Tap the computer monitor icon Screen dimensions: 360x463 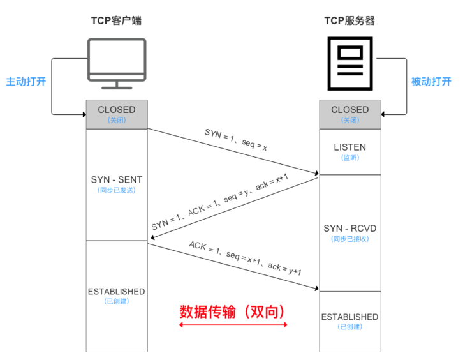pyautogui.click(x=116, y=64)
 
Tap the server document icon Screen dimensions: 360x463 pyautogui.click(x=349, y=64)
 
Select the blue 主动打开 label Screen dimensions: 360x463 pyautogui.click(x=26, y=82)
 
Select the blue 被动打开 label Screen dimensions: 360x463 pyautogui.click(x=430, y=82)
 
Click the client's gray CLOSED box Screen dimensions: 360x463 pyautogui.click(x=117, y=114)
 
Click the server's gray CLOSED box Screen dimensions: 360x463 pyautogui.click(x=349, y=114)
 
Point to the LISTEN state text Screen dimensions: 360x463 pyautogui.click(x=349, y=147)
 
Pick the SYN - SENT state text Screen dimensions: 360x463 pyautogui.click(x=117, y=180)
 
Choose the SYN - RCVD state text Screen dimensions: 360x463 pyautogui.click(x=349, y=228)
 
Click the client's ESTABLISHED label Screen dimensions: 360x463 pyautogui.click(x=117, y=292)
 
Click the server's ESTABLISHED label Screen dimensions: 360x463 pyautogui.click(x=349, y=317)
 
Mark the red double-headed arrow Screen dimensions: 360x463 pyautogui.click(x=233, y=325)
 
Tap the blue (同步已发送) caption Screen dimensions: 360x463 pyautogui.click(x=117, y=190)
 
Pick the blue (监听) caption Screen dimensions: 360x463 pyautogui.click(x=349, y=157)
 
